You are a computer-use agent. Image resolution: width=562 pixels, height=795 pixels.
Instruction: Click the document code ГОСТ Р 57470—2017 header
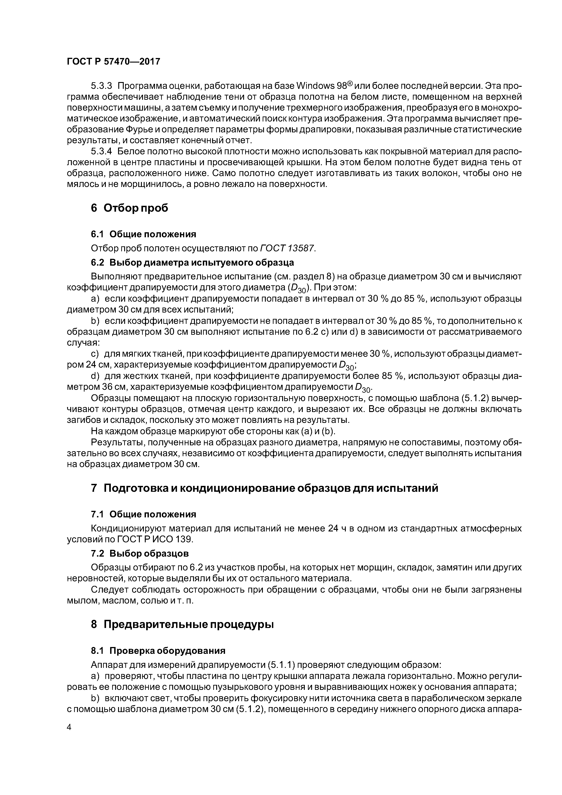[113, 62]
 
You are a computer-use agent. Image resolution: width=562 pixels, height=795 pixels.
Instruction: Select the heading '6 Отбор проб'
[129, 208]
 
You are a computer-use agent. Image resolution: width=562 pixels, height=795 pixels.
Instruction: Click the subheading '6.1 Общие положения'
[143, 234]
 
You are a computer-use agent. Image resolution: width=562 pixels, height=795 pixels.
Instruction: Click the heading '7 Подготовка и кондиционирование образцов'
[264, 488]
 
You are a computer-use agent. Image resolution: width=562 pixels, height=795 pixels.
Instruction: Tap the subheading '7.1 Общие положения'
[143, 514]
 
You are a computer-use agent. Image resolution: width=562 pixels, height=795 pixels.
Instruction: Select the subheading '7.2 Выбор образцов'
[140, 554]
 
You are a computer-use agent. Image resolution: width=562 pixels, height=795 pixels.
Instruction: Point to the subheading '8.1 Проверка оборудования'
[158, 651]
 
